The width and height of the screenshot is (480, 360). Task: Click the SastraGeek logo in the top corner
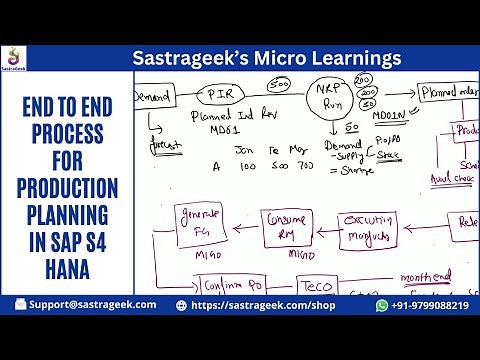click(14, 57)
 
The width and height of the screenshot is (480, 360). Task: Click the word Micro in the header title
click(272, 57)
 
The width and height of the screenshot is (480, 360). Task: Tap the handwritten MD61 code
click(205, 130)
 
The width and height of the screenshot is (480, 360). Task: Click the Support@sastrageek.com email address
click(91, 304)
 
